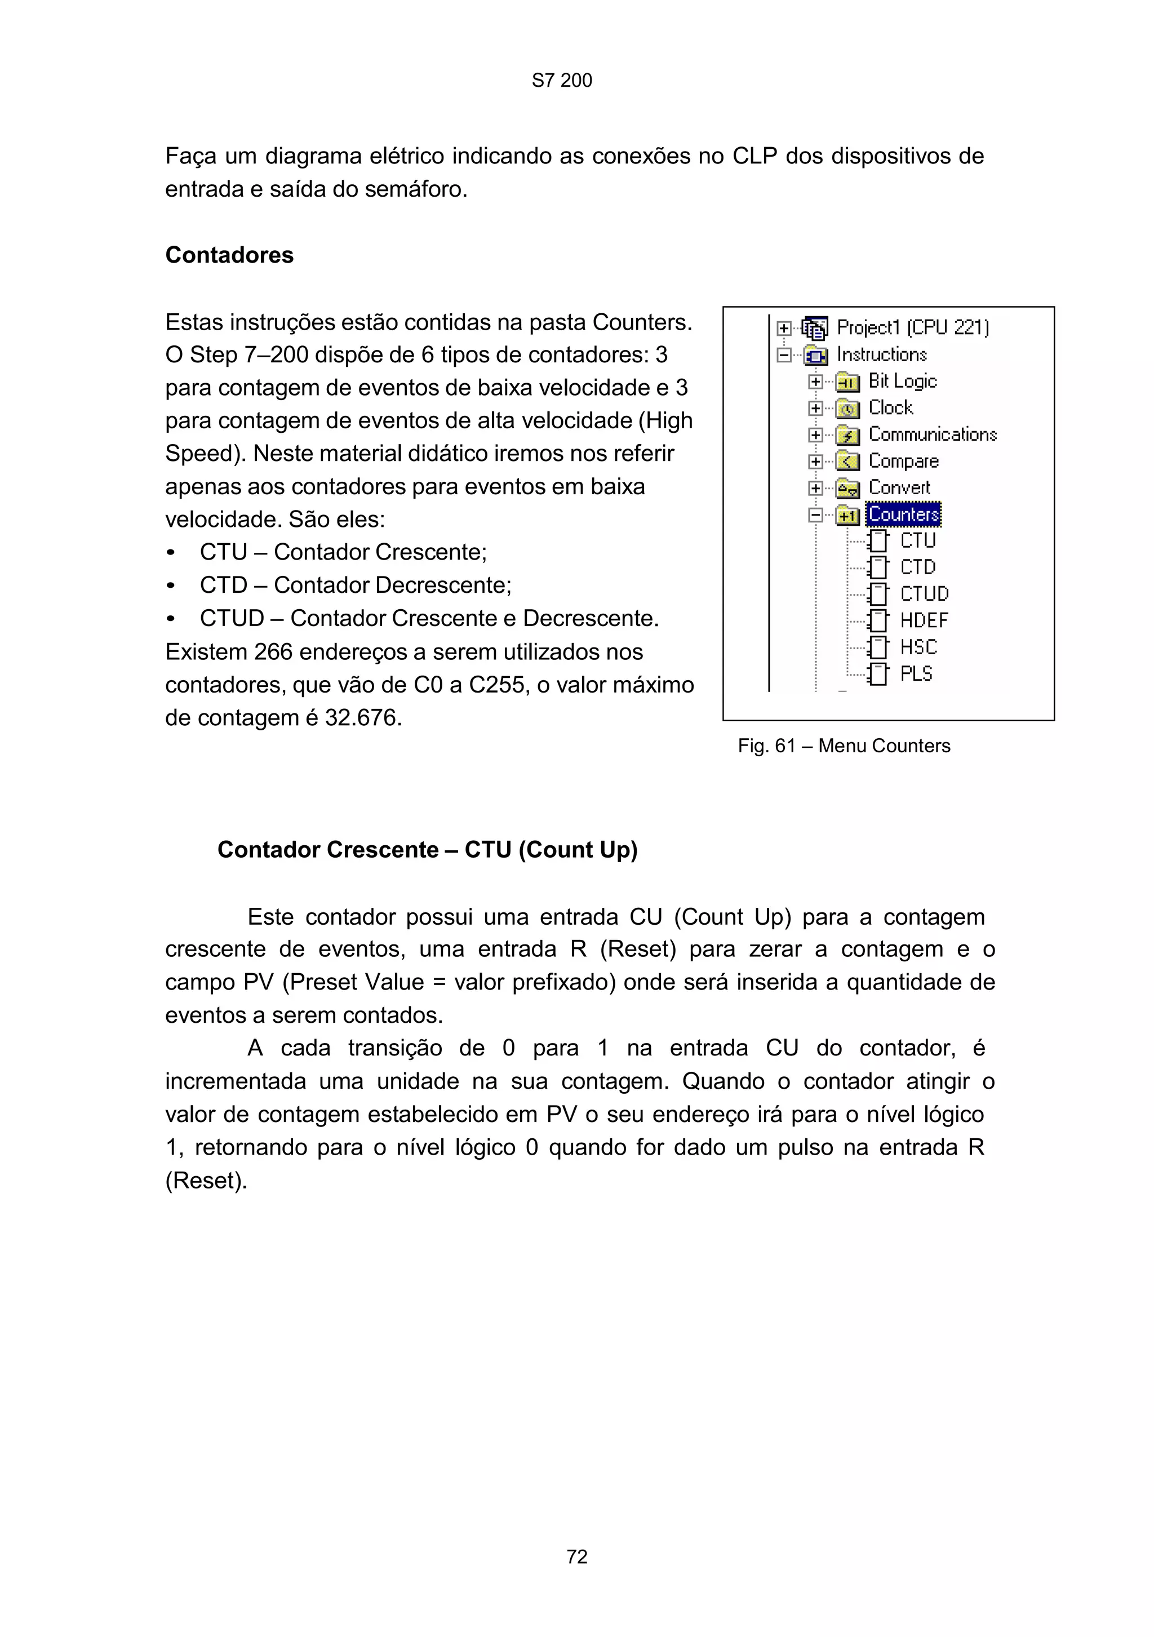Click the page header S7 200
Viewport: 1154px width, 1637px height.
562,81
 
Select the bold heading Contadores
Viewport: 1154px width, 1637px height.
229,255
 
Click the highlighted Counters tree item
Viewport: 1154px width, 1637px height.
903,514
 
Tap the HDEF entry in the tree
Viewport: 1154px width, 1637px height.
923,620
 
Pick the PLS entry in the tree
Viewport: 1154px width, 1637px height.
915,674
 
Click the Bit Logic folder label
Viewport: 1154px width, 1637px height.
902,381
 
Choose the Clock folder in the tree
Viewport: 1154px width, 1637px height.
890,408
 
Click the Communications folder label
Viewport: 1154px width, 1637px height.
931,434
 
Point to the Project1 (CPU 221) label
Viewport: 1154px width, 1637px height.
912,327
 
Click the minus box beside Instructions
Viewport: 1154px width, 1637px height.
783,354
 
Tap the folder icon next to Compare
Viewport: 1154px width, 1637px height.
847,462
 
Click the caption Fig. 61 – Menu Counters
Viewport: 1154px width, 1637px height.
844,746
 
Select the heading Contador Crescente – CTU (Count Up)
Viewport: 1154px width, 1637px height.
427,850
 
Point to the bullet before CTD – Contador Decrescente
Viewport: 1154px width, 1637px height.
170,586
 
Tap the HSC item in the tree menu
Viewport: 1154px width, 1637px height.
918,647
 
